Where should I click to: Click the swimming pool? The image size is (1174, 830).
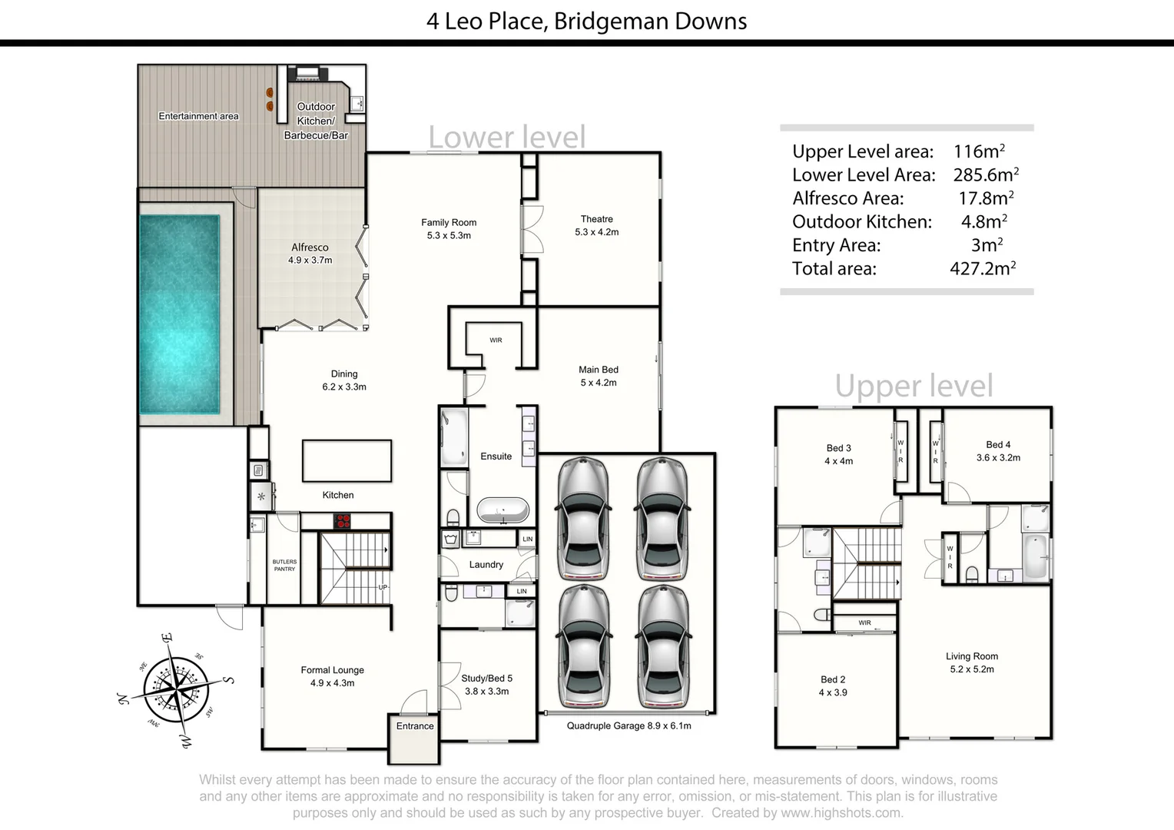(x=179, y=314)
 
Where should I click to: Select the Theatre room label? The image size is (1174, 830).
(x=596, y=219)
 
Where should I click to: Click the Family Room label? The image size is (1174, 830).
(x=449, y=223)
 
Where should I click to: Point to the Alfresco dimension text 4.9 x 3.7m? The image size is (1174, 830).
(x=310, y=261)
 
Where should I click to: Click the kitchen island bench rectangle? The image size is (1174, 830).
(x=347, y=461)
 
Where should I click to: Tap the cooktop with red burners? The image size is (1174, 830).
(x=343, y=522)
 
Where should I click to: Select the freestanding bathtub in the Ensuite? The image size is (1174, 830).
(x=502, y=510)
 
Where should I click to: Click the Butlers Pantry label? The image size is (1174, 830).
(x=284, y=565)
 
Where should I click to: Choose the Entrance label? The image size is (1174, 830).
(x=415, y=726)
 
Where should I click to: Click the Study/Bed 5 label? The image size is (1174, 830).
(x=486, y=679)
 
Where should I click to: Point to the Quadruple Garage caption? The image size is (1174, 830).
(x=628, y=726)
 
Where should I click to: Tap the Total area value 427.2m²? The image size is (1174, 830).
(x=983, y=269)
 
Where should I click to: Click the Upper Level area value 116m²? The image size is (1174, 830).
(x=979, y=151)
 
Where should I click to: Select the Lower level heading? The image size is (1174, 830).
(x=506, y=138)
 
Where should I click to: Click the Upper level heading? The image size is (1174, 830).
(x=914, y=386)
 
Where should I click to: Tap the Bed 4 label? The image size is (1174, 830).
(x=998, y=445)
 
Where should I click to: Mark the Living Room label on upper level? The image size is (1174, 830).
(x=972, y=656)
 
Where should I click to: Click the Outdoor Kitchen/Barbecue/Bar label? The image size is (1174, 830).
(x=316, y=121)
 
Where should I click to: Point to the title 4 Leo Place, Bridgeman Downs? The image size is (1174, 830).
(x=586, y=21)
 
